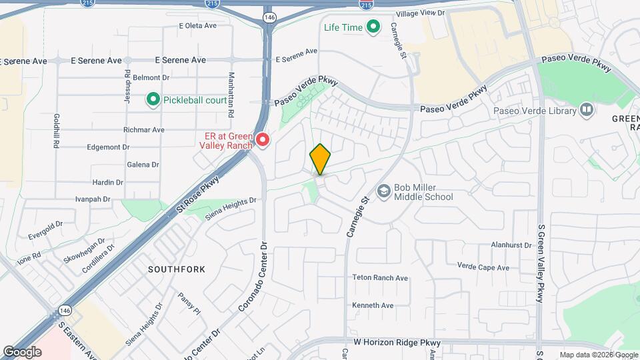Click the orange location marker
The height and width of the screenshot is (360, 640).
point(320,159)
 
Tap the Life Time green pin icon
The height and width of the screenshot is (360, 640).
point(373,27)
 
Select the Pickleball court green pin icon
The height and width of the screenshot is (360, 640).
point(153,100)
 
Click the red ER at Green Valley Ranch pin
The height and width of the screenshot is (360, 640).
point(263,139)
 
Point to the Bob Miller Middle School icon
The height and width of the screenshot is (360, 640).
point(384,192)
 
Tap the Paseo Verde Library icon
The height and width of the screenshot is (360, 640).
point(587,109)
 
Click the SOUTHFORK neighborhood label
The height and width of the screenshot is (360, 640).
point(177,269)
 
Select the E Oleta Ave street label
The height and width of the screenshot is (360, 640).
point(198,26)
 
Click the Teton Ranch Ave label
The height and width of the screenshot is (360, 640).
point(380,277)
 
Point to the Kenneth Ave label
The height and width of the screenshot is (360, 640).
point(373,305)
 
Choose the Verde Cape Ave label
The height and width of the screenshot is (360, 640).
point(483,267)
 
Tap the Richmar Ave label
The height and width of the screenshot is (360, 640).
point(144,130)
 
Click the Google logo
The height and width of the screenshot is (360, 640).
point(22,351)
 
